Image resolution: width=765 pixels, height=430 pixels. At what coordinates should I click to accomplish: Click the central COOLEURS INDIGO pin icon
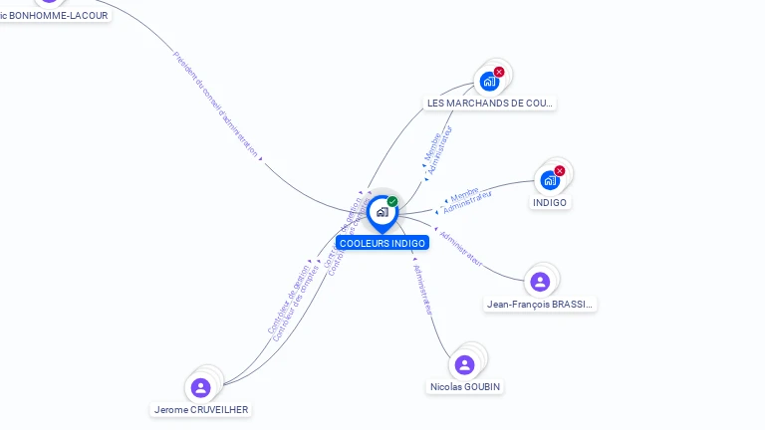382,212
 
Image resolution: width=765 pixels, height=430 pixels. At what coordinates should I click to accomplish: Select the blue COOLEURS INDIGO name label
382,243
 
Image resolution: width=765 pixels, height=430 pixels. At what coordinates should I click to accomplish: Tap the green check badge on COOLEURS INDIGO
392,202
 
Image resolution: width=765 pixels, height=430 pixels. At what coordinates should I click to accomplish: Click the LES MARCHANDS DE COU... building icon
489,82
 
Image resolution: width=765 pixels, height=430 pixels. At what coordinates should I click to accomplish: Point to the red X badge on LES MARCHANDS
499,72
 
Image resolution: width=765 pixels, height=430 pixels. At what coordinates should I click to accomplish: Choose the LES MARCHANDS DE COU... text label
489,103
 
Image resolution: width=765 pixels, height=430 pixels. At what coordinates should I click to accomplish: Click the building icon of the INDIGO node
549,181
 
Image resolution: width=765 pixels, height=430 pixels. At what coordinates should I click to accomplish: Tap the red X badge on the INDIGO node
560,171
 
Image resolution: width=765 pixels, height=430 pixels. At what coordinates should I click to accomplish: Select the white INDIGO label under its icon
550,202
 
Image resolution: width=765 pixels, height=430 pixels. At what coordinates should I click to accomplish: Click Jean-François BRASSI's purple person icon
540,282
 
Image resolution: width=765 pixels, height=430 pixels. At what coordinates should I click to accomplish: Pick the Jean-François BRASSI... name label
540,304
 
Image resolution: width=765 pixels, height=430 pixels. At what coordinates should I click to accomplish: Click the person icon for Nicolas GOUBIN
464,364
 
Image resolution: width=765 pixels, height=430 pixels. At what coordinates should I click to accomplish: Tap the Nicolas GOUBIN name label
465,386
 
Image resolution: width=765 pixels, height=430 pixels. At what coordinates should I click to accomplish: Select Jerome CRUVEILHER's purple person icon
200,387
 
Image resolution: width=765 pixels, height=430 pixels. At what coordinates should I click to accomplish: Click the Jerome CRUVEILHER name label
201,409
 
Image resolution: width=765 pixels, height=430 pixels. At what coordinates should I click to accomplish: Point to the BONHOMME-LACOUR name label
55,15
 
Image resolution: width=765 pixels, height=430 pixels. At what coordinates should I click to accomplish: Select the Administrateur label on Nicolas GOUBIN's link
424,290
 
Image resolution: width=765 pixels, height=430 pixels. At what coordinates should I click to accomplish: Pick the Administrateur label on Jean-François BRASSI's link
461,249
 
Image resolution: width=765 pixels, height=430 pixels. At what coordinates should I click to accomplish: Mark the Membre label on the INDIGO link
464,193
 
